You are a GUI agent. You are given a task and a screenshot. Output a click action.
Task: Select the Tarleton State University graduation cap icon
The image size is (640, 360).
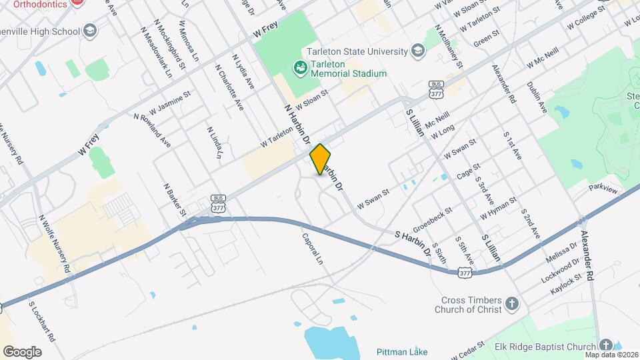coord(417,51)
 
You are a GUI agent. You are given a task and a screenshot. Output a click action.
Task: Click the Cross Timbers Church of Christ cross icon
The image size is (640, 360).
coord(511,305)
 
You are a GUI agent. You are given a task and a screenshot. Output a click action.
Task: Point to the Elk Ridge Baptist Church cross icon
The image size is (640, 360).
coord(605,345)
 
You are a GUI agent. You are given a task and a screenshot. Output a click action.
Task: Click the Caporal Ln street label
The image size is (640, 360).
coord(311,247)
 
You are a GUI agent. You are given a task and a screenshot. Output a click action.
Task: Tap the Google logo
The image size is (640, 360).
coord(22,351)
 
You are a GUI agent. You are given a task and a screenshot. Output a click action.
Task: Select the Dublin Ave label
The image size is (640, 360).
coord(536,97)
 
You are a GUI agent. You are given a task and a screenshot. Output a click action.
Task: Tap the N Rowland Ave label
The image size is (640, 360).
coord(152,130)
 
